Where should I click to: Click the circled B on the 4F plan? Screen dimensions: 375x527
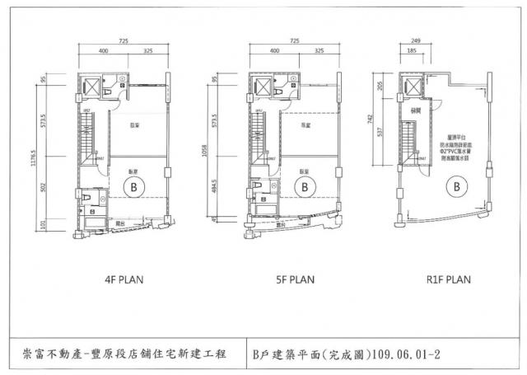point(130,187)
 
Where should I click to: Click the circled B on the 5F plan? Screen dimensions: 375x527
point(304,187)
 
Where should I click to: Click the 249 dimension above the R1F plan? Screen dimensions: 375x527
point(414,40)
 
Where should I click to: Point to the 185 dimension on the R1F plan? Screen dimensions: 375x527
point(409,51)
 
